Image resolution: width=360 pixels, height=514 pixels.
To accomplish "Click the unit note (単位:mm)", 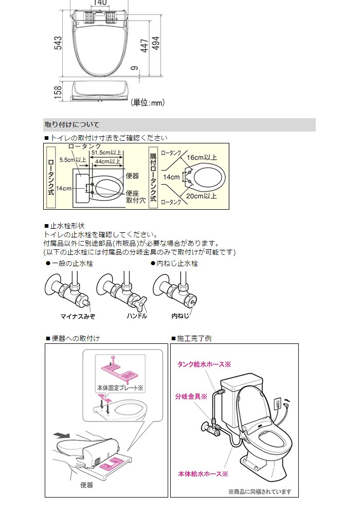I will coord(147,103).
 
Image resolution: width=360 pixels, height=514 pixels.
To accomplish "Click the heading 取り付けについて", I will coord(72,124).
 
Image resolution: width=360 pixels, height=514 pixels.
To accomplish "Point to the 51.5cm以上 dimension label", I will coord(106,153).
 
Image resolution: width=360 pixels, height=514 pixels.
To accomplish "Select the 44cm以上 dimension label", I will coord(106,161).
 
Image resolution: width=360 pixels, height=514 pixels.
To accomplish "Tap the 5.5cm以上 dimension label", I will coord(73,160).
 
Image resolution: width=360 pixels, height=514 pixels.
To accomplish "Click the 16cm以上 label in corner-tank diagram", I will coord(202,157).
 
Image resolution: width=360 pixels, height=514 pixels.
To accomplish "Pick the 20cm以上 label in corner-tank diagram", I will coord(202,196).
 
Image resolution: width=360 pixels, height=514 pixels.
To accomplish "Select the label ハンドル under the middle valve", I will coord(137,316).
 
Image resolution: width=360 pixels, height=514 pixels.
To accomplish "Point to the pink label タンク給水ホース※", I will coord(204,364).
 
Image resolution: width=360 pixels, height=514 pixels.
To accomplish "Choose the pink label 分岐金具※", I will coord(191,396).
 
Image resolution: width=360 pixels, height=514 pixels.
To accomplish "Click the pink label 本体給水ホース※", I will coord(203,473).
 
